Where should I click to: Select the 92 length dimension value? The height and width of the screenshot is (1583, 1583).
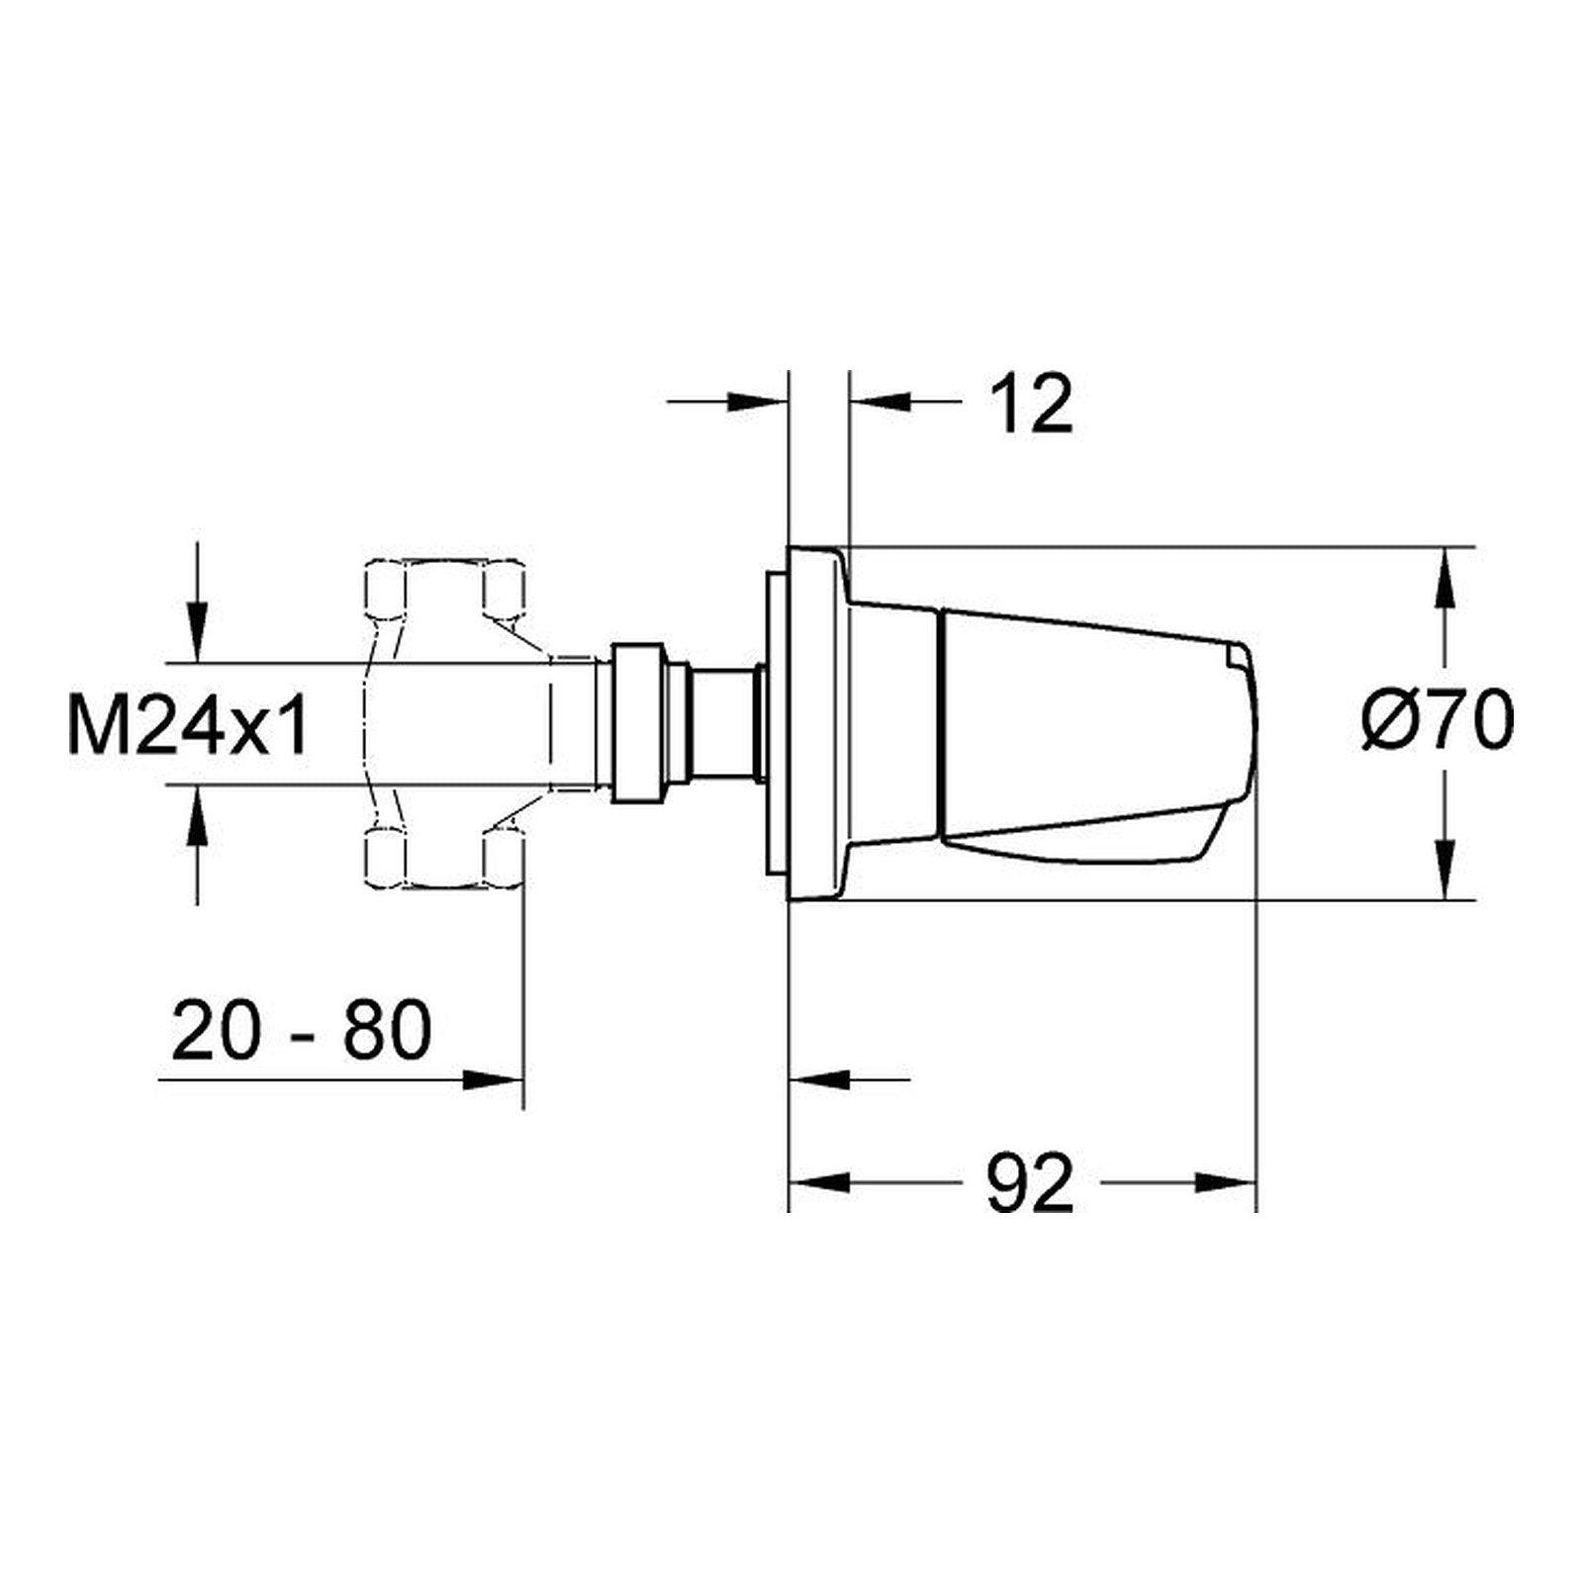(1030, 1182)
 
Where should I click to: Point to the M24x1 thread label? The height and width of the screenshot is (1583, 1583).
(188, 723)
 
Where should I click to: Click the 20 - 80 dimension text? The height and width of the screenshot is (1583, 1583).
(302, 1030)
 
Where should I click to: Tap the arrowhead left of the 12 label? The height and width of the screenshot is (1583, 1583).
(757, 402)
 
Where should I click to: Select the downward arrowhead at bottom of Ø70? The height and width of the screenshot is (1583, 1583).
(1445, 870)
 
